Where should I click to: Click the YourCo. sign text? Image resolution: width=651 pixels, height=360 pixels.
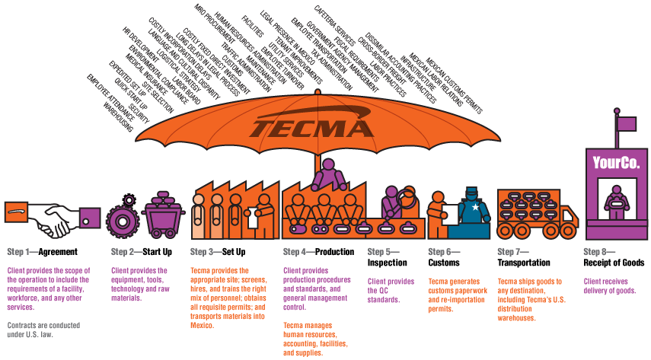[616, 162]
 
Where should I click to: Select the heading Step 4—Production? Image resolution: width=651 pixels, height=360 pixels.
[318, 252]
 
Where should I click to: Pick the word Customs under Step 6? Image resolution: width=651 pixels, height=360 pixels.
[444, 263]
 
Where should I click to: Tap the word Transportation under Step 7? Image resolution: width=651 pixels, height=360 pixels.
[523, 263]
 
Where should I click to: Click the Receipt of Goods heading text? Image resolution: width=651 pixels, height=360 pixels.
[614, 263]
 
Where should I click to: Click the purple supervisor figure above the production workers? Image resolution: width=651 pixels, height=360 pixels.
[328, 174]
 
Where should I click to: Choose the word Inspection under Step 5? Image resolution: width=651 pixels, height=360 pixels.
[388, 263]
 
